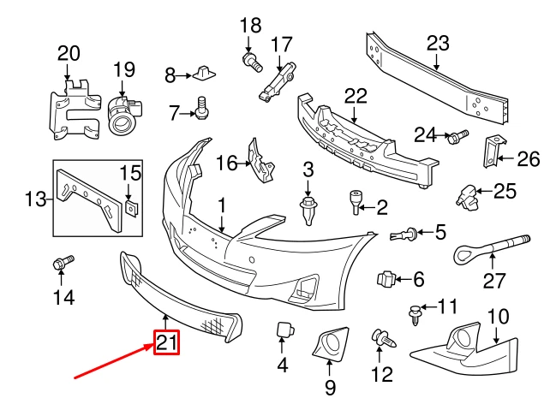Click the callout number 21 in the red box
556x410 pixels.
pyautogui.click(x=165, y=343)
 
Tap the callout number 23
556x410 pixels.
pyautogui.click(x=437, y=43)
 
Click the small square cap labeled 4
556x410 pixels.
pyautogui.click(x=283, y=331)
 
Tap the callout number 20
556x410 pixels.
pyautogui.click(x=68, y=53)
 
